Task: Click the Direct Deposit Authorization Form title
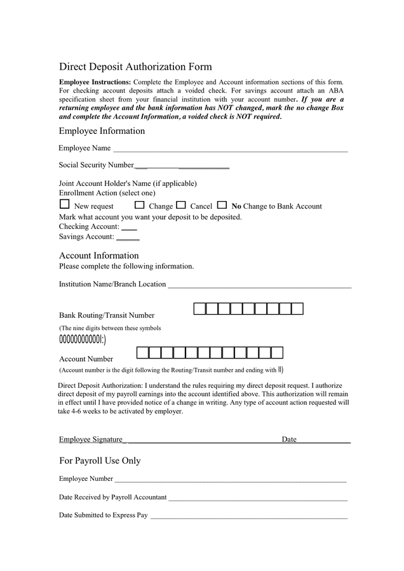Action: click(x=135, y=67)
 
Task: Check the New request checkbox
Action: click(x=64, y=204)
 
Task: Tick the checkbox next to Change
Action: click(x=140, y=205)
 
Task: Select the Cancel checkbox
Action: click(x=181, y=205)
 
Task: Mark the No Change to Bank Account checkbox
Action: click(x=222, y=205)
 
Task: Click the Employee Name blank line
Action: click(x=230, y=150)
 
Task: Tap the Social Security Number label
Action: click(x=97, y=165)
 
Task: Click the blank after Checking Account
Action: click(x=129, y=228)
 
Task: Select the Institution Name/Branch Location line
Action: click(x=259, y=285)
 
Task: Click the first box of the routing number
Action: click(x=199, y=309)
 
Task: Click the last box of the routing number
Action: click(x=297, y=309)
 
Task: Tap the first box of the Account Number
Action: click(x=143, y=353)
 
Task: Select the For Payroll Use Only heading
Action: click(x=100, y=461)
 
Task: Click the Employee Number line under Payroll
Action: click(x=231, y=480)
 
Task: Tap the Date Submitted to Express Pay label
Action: click(x=103, y=515)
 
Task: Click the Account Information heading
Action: click(x=98, y=256)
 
